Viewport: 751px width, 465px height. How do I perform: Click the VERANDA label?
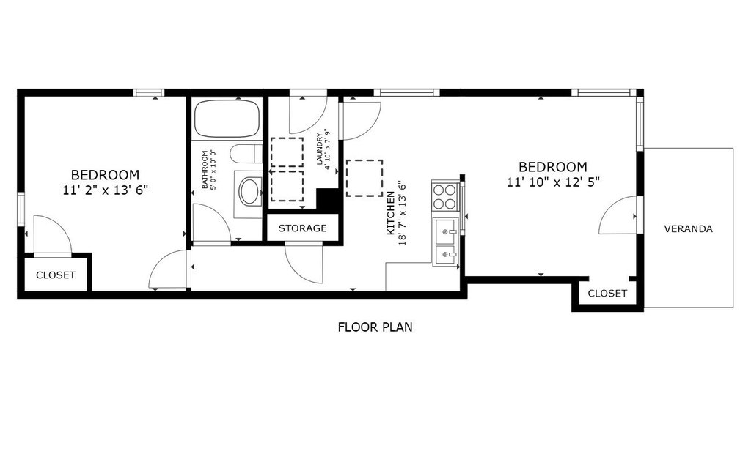[x=688, y=228]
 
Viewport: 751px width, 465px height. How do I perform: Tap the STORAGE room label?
[x=303, y=228]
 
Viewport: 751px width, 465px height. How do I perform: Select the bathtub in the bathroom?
[x=227, y=118]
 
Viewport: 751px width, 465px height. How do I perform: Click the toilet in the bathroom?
[x=246, y=154]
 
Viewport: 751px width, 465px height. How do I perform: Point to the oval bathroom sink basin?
[x=250, y=191]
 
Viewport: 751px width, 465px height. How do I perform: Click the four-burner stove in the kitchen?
[x=444, y=197]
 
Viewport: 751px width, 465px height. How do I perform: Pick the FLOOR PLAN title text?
[x=375, y=327]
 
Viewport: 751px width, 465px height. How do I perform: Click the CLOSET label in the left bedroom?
[x=56, y=275]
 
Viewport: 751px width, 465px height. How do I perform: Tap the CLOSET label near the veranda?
[x=607, y=293]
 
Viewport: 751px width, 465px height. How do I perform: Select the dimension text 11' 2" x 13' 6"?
[x=106, y=190]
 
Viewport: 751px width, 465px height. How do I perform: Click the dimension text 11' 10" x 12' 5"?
[x=553, y=182]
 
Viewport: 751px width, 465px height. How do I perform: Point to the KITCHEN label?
[x=391, y=213]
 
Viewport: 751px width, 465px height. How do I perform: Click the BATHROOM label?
[x=205, y=170]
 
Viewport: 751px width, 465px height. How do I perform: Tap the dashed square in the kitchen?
[x=364, y=178]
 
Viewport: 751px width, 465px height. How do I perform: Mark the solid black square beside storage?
[x=328, y=199]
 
